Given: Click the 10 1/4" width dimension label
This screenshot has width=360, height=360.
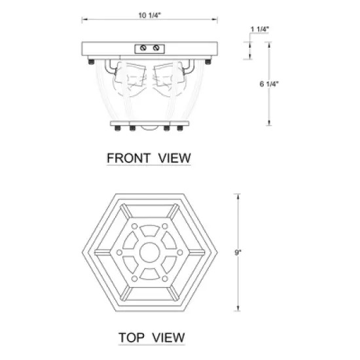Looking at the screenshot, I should (x=150, y=16).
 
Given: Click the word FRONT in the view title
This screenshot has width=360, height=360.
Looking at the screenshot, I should (x=128, y=157).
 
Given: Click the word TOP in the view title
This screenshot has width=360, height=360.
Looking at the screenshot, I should (x=131, y=337).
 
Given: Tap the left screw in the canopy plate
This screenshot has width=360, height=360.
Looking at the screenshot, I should (x=143, y=48).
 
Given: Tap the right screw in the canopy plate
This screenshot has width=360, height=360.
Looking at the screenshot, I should (x=156, y=48).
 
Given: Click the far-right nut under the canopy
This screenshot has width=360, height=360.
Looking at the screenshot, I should (x=207, y=62).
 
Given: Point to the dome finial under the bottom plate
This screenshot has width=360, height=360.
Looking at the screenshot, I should (x=150, y=129).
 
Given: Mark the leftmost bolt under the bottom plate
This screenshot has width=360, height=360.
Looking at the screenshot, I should (x=117, y=128).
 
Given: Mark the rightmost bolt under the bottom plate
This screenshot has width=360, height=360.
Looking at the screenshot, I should (x=183, y=128).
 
